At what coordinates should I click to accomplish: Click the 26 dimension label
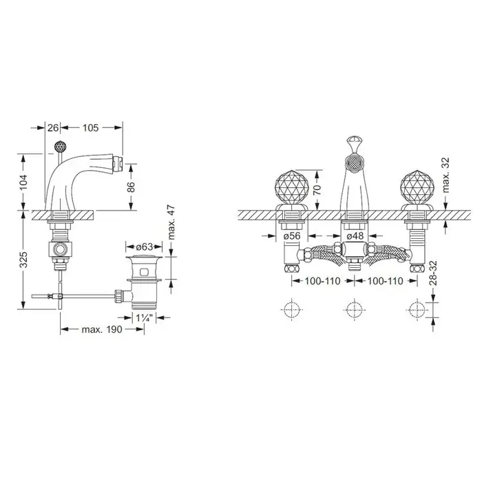(53, 127)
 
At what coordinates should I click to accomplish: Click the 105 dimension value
(90, 127)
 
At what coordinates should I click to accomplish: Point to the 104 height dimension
(24, 182)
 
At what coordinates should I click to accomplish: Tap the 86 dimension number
(131, 187)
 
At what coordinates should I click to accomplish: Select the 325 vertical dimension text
(24, 260)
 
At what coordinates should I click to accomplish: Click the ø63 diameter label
(144, 247)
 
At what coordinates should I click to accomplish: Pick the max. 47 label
(172, 222)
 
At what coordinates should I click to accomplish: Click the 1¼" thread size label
(145, 318)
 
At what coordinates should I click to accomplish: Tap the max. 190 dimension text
(102, 330)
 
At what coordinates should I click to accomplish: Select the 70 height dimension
(318, 189)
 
